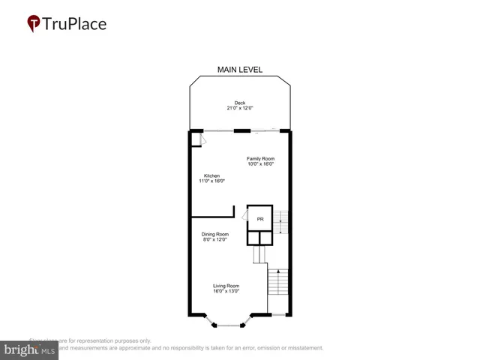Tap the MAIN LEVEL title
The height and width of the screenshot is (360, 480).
point(240,70)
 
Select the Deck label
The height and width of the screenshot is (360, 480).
point(240,103)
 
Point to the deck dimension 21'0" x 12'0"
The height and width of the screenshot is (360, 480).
point(240,109)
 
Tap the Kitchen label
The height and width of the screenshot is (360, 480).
point(212,175)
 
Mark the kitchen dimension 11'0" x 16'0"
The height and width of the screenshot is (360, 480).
point(212,181)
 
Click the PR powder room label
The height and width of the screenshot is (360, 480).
point(260,219)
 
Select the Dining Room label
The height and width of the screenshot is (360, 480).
point(214,234)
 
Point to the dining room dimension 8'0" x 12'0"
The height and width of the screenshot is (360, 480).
point(214,240)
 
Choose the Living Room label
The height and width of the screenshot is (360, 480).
point(226,286)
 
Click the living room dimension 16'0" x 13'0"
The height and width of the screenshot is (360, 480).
point(226,292)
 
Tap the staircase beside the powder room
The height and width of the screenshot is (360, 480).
point(280,223)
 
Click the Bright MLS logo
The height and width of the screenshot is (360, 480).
point(29,350)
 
